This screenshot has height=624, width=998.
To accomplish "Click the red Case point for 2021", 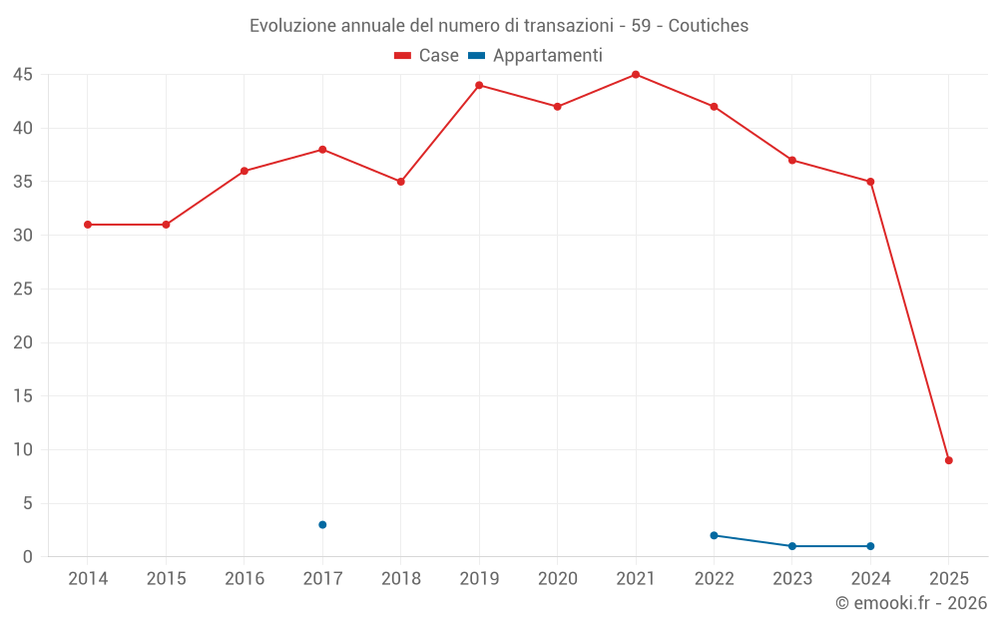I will [636, 75].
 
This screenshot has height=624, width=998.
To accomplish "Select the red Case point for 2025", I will [949, 460].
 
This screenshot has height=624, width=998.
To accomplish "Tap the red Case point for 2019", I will [479, 85].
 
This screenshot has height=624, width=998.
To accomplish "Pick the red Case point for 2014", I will [88, 225].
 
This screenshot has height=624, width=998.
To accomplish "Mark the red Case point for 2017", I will [322, 150].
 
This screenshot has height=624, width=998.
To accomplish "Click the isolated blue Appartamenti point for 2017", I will [322, 525].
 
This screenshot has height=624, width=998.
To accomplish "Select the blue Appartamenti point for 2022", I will [714, 535].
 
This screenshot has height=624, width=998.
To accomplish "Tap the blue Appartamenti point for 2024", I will [870, 546].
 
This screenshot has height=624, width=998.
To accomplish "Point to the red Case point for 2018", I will [400, 182].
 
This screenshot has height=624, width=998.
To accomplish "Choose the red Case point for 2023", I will [792, 160].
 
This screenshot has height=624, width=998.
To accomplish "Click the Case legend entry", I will [427, 56].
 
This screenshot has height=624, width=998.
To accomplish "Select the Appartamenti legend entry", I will [536, 56].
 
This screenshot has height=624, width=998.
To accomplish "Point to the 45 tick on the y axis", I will [23, 75].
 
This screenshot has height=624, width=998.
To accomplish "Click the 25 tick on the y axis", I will [23, 290].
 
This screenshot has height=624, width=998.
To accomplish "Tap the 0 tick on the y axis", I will [28, 557].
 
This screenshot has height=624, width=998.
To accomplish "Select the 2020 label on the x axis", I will [557, 579].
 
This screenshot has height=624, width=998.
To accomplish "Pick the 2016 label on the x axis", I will [245, 579].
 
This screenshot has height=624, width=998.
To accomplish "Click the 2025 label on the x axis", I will [949, 579].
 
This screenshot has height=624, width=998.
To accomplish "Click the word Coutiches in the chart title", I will [709, 25].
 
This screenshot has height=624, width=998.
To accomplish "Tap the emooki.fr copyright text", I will [911, 603].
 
